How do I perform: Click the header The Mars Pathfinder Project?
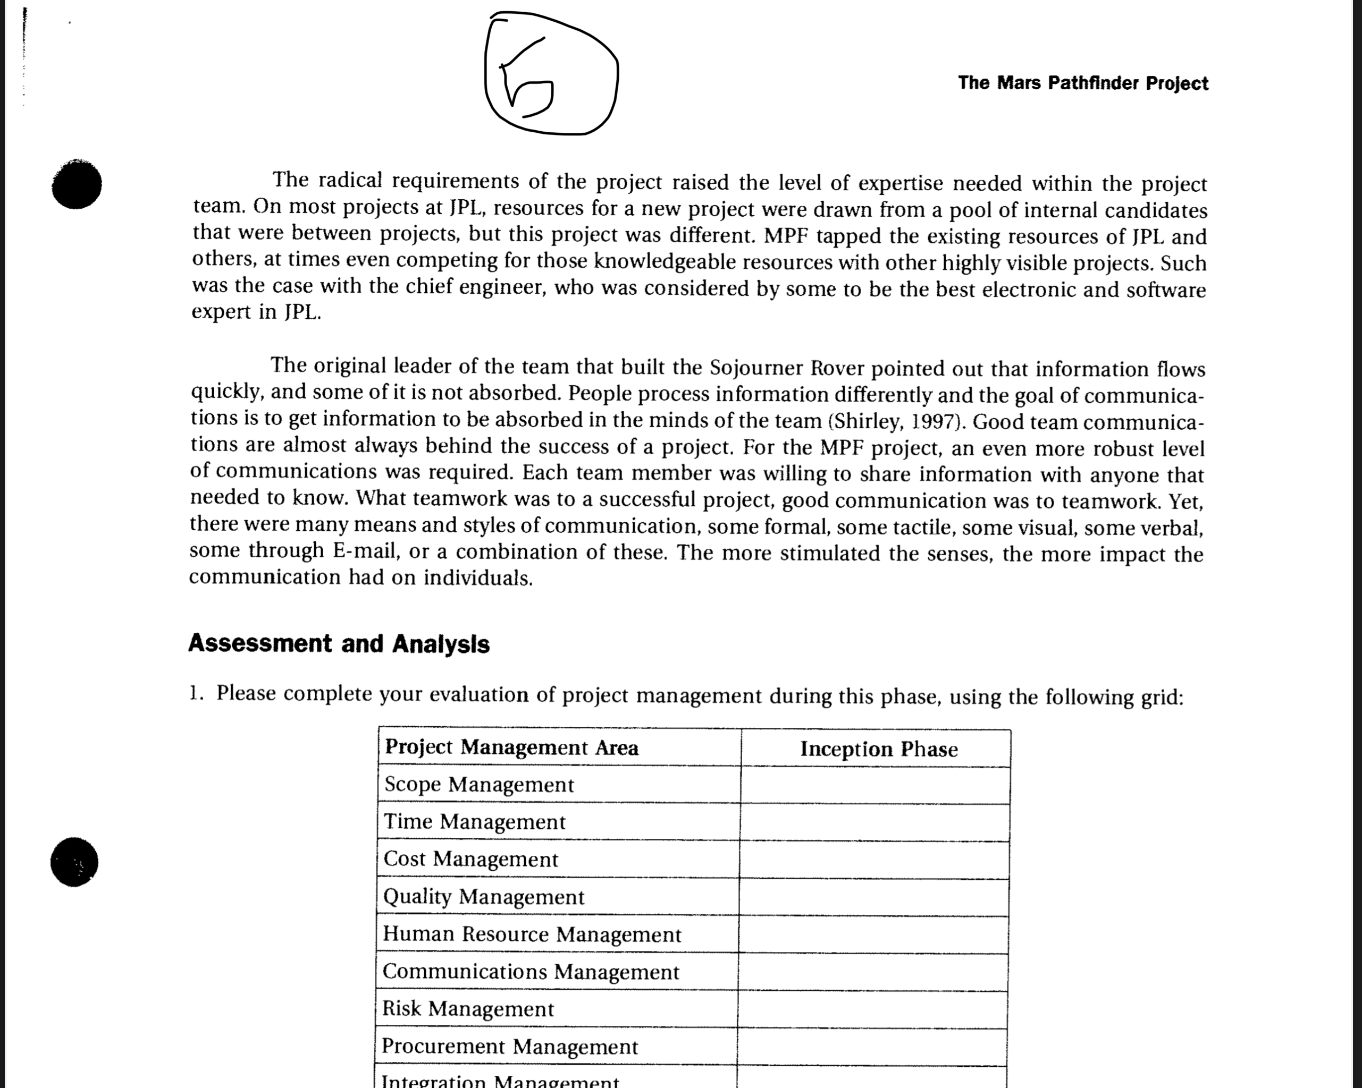click(x=1083, y=83)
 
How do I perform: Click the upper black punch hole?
click(x=77, y=184)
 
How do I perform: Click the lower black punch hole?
click(x=74, y=862)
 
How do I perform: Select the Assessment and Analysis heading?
click(x=339, y=643)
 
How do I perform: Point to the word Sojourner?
click(x=755, y=368)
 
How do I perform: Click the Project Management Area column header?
click(x=512, y=747)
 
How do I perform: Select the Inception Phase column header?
click(x=879, y=749)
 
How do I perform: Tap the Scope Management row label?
click(x=479, y=784)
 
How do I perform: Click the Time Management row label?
click(x=474, y=821)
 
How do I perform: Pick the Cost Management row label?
click(x=470, y=859)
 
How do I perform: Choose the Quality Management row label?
click(x=483, y=897)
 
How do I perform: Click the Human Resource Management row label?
click(x=532, y=934)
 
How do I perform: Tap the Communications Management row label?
click(x=531, y=971)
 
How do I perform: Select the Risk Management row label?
click(x=467, y=1008)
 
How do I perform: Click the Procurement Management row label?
click(x=509, y=1047)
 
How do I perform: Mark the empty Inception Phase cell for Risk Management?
click(x=873, y=1009)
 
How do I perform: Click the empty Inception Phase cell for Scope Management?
click(x=876, y=785)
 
